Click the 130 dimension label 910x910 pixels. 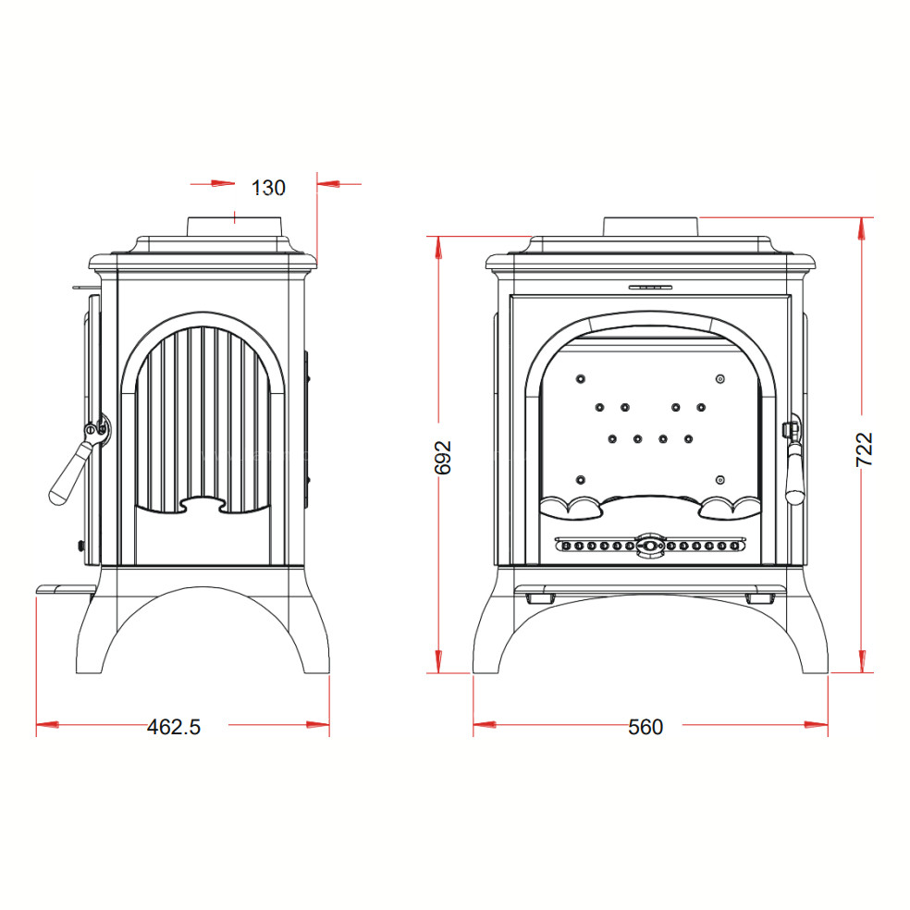pos(268,188)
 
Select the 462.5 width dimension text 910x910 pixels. pos(174,727)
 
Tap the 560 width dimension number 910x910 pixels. pos(646,727)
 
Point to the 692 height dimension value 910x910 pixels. pos(443,458)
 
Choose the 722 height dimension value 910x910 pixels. pos(864,449)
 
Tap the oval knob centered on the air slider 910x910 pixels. pos(650,546)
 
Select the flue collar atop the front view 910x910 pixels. pos(650,227)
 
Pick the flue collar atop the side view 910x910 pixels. pos(235,227)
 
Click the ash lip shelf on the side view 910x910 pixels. pos(65,590)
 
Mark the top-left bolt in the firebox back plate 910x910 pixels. pos(581,379)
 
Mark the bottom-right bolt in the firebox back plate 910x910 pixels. pos(720,479)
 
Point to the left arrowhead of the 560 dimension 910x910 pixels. pos(485,724)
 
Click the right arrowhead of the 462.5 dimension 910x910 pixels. pos(318,724)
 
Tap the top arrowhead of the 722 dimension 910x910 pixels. pos(862,228)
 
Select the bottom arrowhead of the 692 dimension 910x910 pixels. pos(438,661)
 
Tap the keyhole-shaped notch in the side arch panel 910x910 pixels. pos(203,504)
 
